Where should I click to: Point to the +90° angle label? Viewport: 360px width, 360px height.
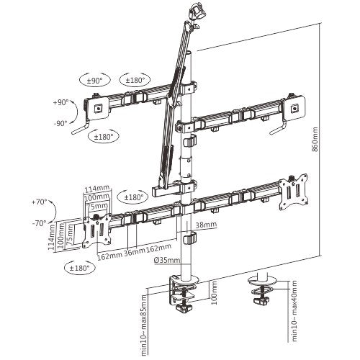click(x=61, y=103)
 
